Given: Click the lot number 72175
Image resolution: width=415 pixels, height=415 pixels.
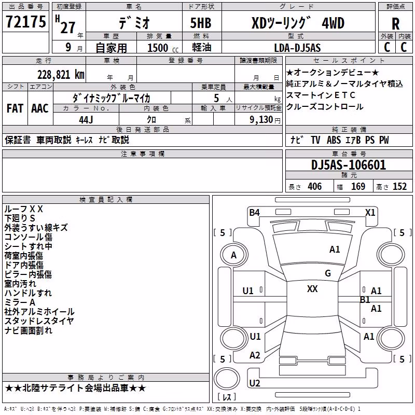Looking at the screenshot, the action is pyautogui.click(x=25, y=22).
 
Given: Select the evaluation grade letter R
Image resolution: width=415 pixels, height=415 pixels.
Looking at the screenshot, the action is pyautogui.click(x=395, y=24).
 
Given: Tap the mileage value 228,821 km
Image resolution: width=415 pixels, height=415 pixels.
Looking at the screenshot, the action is pyautogui.click(x=61, y=75).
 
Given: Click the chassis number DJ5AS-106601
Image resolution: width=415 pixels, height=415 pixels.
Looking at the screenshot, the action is pyautogui.click(x=349, y=165).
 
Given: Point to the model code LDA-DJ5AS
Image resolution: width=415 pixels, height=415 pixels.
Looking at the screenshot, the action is pyautogui.click(x=297, y=48).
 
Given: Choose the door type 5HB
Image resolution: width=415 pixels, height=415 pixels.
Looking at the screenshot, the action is pyautogui.click(x=201, y=23).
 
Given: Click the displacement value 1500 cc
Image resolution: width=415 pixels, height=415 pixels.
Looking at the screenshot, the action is pyautogui.click(x=163, y=48).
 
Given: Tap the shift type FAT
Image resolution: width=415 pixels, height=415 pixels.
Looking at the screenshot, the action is pyautogui.click(x=15, y=108).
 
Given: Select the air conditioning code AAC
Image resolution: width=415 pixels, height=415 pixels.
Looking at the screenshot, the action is pyautogui.click(x=40, y=108).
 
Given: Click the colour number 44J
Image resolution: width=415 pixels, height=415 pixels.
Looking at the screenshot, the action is pyautogui.click(x=86, y=120).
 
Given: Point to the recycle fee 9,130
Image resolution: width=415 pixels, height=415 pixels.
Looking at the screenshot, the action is pyautogui.click(x=261, y=120).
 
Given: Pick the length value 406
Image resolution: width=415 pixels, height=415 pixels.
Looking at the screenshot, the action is pyautogui.click(x=315, y=186).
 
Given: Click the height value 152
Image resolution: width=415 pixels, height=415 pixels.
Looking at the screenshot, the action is pyautogui.click(x=399, y=186).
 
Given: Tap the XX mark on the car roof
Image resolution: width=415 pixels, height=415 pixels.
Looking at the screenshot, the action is pyautogui.click(x=312, y=289).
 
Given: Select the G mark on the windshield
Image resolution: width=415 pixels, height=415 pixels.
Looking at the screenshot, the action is pyautogui.click(x=328, y=273).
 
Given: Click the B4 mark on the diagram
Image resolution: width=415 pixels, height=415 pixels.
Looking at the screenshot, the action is pyautogui.click(x=254, y=212).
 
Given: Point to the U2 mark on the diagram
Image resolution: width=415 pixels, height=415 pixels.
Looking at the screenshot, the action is pyautogui.click(x=255, y=383).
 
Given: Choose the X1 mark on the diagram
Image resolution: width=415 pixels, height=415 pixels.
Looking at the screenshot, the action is pyautogui.click(x=370, y=212).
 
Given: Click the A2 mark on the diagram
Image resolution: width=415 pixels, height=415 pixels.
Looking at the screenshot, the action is pyautogui.click(x=255, y=355).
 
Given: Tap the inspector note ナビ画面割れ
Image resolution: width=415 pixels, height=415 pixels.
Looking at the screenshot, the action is pyautogui.click(x=29, y=330).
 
